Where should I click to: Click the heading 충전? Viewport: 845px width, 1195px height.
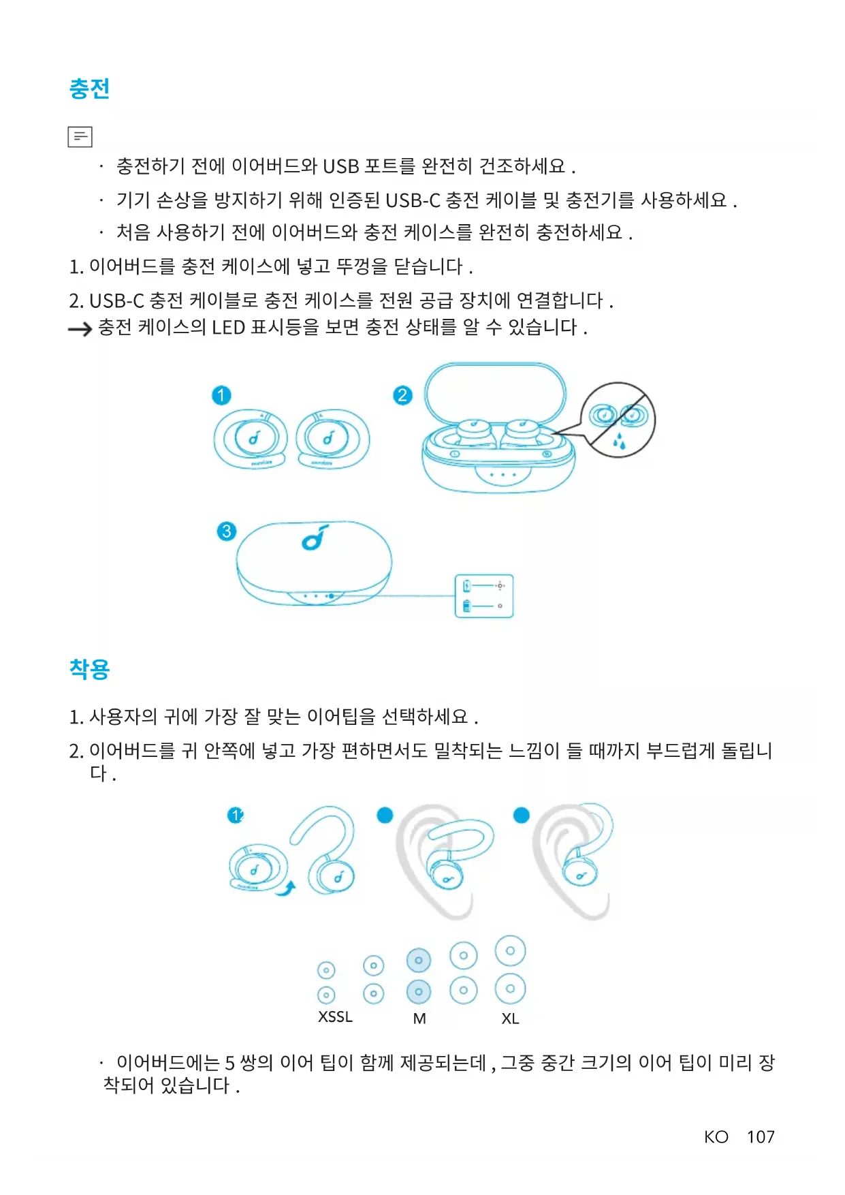(x=89, y=89)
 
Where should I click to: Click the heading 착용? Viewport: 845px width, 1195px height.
(x=89, y=669)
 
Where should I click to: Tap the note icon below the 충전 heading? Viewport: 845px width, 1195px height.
(x=80, y=137)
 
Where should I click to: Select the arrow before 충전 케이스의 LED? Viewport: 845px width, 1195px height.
(x=80, y=330)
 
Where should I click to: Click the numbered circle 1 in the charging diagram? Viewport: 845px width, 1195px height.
(x=221, y=395)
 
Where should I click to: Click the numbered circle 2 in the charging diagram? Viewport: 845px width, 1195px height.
(x=402, y=395)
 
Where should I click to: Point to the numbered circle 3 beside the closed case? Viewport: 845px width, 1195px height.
(x=226, y=531)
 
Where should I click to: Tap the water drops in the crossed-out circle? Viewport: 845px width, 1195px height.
(x=619, y=441)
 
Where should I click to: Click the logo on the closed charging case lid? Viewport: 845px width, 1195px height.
(x=315, y=538)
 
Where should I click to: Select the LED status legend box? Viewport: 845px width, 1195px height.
(x=483, y=596)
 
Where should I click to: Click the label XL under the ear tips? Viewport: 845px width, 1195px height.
(x=510, y=1019)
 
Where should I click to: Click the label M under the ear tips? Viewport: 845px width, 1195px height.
(x=419, y=1019)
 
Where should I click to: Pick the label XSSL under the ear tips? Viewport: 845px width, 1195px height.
(x=335, y=1017)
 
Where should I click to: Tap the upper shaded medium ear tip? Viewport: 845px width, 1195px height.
(x=419, y=961)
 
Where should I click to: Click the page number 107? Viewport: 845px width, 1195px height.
(x=761, y=1137)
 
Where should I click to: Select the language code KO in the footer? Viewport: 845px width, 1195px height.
(x=716, y=1137)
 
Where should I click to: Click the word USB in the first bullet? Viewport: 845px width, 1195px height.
(x=340, y=166)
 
